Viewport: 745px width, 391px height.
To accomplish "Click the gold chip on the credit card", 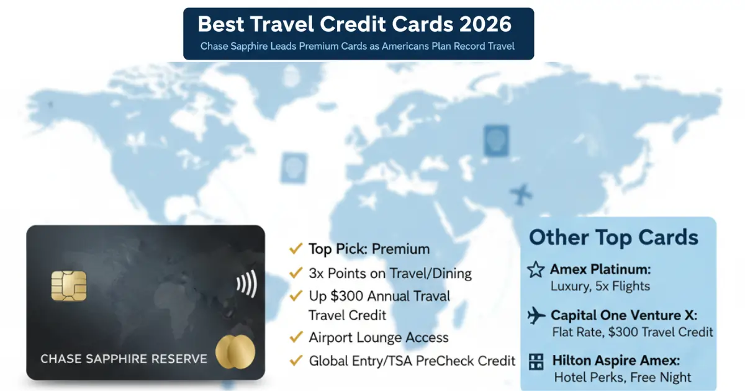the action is (x=69, y=285).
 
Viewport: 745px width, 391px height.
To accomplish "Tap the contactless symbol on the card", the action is (x=247, y=284).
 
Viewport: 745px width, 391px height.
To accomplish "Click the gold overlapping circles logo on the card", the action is (x=235, y=352).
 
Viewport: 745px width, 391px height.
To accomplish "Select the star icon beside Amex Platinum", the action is (x=536, y=269).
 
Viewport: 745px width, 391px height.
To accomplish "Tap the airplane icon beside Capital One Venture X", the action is (x=536, y=315).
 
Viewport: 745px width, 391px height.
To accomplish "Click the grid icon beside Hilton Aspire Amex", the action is (x=536, y=361).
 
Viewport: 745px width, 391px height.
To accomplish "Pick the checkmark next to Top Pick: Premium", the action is (x=296, y=248).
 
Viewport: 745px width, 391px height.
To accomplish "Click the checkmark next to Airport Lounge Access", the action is (x=296, y=337).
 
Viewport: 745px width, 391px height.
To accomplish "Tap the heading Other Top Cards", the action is (x=613, y=237).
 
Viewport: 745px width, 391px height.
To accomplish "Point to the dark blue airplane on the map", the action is (x=521, y=194).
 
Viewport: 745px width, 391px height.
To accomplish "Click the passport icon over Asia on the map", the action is (x=496, y=140).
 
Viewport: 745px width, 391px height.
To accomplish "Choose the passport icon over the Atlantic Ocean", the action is (x=294, y=168).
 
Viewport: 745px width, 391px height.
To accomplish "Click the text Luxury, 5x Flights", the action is (x=600, y=286).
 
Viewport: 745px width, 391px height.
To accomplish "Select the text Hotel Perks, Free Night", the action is (x=623, y=377).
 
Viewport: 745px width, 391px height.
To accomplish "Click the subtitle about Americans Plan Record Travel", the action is (x=357, y=46).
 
